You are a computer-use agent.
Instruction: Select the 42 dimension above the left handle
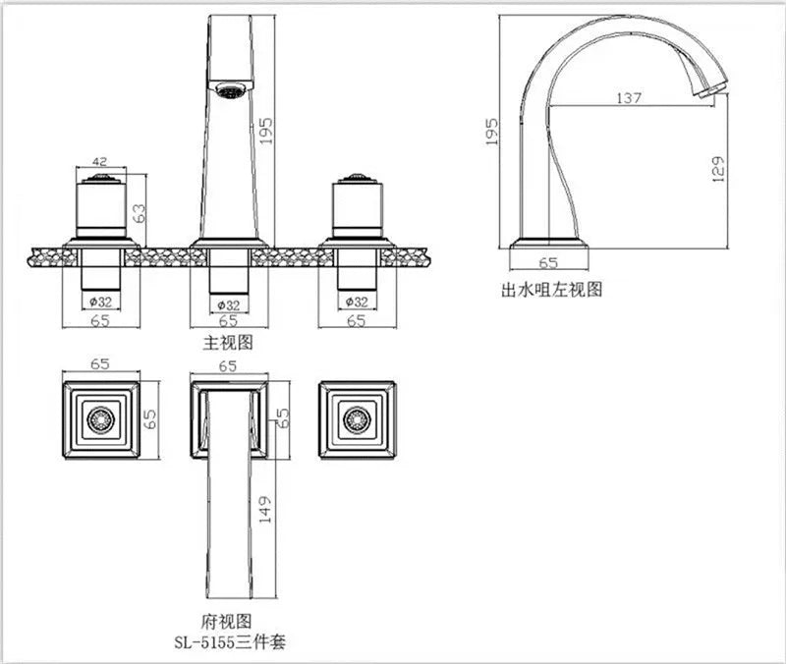99,161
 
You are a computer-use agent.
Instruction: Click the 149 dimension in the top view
264,510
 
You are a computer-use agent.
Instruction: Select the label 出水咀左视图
550,289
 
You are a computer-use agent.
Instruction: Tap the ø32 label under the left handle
99,302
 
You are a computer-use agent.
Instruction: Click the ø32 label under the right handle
356,302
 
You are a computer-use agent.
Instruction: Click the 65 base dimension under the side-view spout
549,262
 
